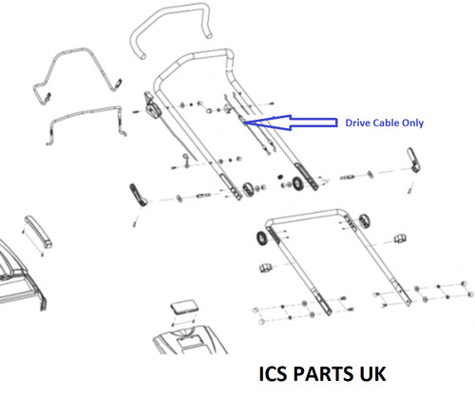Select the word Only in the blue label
(x=412, y=123)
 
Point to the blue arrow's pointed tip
(x=243, y=123)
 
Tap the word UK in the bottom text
(x=372, y=373)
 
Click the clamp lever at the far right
(x=413, y=159)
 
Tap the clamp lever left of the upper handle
(x=137, y=195)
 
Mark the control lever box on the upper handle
(x=152, y=106)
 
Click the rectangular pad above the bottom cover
(x=184, y=306)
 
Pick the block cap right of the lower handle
(x=400, y=238)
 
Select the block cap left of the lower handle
(x=266, y=268)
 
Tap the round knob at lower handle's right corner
(x=365, y=220)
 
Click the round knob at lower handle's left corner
(x=262, y=238)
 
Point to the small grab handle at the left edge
(x=38, y=231)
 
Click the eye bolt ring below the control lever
(x=185, y=157)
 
